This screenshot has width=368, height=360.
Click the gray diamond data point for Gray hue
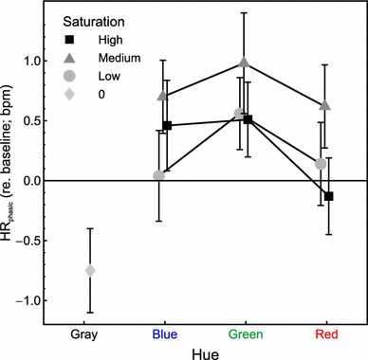tap(90, 270)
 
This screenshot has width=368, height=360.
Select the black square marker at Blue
tap(168, 126)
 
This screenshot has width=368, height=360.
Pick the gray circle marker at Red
tap(321, 164)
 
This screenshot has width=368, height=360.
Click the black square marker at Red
tap(329, 196)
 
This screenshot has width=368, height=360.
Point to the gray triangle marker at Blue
tap(163, 96)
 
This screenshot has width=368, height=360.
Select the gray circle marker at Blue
tap(158, 175)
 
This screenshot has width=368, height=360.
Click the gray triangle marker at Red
tap(325, 105)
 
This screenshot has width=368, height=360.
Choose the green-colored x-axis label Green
tap(245, 333)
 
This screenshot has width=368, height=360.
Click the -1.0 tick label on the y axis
tap(31, 300)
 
